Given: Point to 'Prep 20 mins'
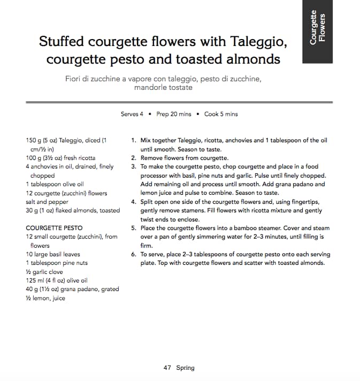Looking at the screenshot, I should click(x=173, y=114).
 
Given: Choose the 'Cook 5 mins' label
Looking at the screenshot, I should click(x=221, y=114).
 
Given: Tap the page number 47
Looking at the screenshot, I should click(x=167, y=368).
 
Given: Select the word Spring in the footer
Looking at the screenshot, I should click(x=185, y=368).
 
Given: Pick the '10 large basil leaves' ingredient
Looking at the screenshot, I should click(x=53, y=254).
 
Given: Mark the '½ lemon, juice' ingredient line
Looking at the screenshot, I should click(x=45, y=298).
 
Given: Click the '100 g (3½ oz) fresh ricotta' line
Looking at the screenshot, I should click(x=60, y=158).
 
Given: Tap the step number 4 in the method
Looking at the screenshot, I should click(x=133, y=202).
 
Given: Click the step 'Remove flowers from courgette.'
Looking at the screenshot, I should click(x=185, y=158).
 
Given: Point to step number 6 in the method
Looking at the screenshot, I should click(x=133, y=254).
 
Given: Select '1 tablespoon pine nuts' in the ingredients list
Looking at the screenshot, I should click(x=57, y=263).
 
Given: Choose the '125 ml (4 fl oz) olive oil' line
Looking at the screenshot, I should click(x=57, y=280).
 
